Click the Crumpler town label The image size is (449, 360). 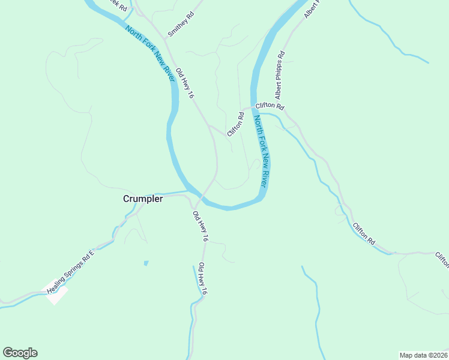[143, 199]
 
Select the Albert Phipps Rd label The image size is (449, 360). [280, 76]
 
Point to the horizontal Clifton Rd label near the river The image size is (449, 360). [270, 106]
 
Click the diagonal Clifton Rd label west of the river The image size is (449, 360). [235, 124]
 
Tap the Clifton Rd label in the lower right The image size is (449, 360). [364, 233]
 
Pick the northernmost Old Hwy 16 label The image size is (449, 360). [185, 82]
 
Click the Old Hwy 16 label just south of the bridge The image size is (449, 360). [200, 226]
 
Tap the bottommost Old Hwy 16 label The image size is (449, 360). [203, 278]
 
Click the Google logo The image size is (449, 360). [20, 353]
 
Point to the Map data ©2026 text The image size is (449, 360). [423, 355]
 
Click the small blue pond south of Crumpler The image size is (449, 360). [146, 263]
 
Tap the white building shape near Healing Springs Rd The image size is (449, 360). [57, 295]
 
